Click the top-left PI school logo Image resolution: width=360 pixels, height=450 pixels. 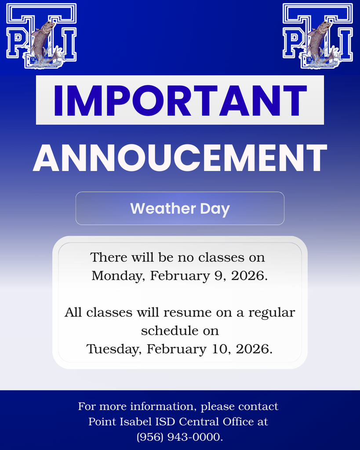[x=41, y=36]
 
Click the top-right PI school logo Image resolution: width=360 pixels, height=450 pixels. [x=317, y=36]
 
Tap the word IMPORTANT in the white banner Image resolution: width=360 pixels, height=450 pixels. [x=180, y=100]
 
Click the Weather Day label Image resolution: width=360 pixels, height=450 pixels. [x=180, y=208]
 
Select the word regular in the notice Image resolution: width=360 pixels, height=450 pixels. [x=272, y=312]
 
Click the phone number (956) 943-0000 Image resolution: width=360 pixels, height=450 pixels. [x=180, y=437]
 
